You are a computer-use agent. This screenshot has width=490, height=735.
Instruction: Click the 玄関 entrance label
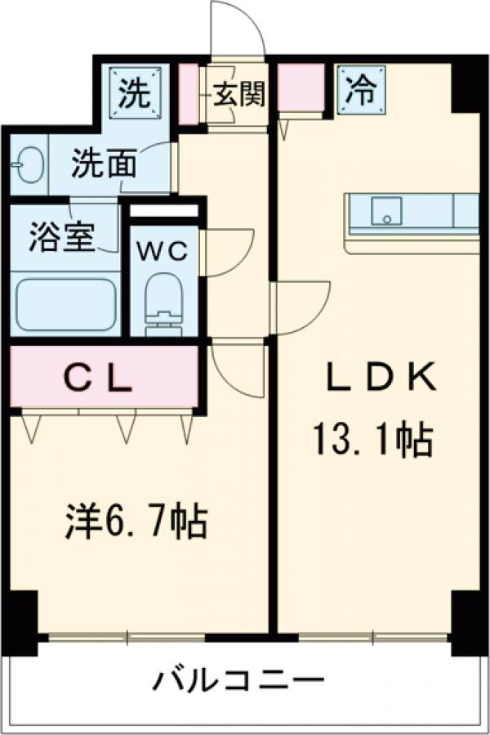239,95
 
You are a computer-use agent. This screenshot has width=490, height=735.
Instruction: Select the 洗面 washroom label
101,164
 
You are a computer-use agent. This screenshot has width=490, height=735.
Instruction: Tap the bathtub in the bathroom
65,304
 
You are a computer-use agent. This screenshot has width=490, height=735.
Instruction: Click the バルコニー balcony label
238,679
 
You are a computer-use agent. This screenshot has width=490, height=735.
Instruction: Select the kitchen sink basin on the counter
385,211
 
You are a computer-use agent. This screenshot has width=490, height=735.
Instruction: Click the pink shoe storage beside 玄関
188,94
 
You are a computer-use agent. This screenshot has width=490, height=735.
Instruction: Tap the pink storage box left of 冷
300,88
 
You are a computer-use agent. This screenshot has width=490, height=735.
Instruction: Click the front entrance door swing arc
237,29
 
